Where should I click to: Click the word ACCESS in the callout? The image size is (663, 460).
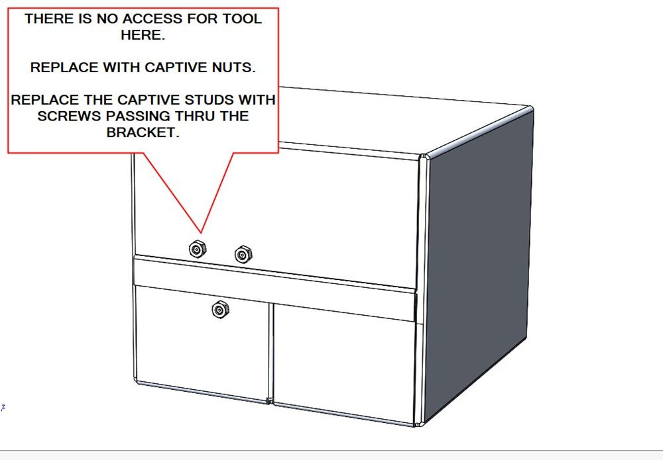coord(147,19)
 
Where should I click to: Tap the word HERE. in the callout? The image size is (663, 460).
coord(143,35)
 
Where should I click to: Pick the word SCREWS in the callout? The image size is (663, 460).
coord(64,116)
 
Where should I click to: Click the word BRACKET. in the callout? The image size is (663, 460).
coord(143,132)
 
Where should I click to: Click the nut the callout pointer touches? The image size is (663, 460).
coord(197,249)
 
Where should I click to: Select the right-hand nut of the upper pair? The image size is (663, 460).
coord(243,254)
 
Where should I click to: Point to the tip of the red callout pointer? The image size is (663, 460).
coord(200,234)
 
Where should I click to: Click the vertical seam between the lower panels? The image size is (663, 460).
coord(271,351)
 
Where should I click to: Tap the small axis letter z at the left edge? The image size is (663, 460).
coord(3,406)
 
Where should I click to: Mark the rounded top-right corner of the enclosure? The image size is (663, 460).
coord(528,109)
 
